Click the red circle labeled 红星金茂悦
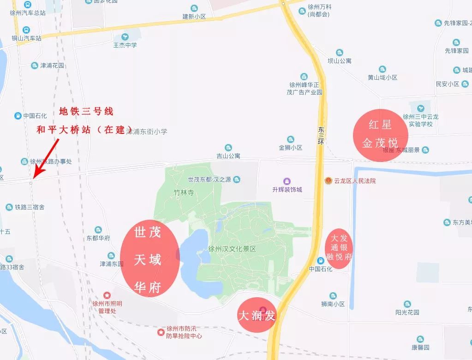coord(381,134)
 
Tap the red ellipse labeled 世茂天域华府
coord(149,259)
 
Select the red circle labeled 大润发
coord(257,315)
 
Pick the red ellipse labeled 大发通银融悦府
coord(339,248)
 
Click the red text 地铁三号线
coord(86,112)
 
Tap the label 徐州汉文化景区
coord(232,248)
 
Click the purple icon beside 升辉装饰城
coord(287,180)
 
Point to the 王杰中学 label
coord(125,45)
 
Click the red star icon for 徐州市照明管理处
coord(107,294)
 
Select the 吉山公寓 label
coord(228,156)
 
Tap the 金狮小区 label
coord(290,148)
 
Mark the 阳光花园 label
coord(407,312)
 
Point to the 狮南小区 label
coord(333,304)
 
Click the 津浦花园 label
coord(52,66)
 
